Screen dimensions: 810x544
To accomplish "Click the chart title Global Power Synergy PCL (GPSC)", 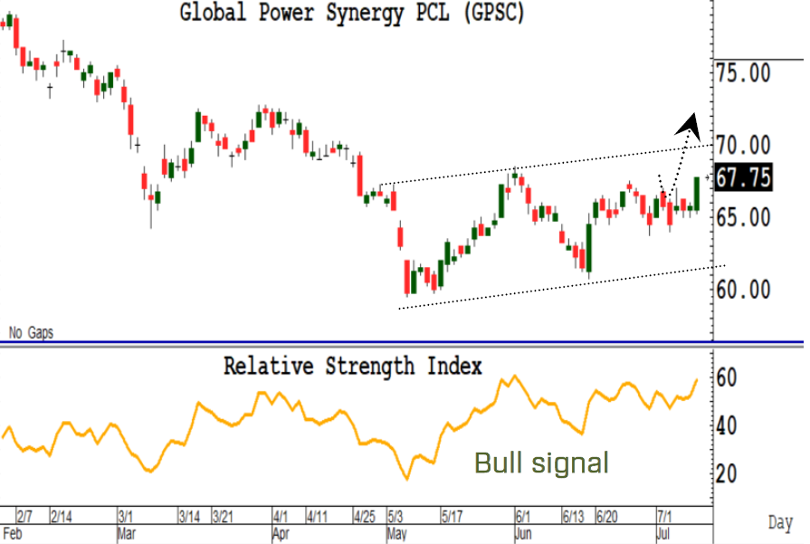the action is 352,13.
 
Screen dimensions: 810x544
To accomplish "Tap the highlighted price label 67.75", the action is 743,177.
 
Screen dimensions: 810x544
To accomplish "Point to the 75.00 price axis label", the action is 743,72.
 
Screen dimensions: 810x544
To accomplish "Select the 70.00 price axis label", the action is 743,145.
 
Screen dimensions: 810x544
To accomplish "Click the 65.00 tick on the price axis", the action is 743,217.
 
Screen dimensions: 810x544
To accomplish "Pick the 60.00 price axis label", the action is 743,290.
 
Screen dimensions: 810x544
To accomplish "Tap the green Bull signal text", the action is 541,463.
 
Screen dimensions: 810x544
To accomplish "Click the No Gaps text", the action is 31,333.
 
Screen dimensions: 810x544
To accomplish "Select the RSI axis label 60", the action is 727,378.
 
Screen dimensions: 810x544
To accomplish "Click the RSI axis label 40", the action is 727,426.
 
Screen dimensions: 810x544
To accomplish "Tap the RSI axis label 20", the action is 727,474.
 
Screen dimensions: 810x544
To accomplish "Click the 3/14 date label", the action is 189,517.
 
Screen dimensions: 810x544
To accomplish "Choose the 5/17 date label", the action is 452,517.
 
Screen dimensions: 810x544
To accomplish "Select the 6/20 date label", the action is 606,517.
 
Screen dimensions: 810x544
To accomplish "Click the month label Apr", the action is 281,534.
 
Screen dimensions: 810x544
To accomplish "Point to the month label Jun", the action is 523,534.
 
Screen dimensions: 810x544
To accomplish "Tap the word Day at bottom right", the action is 780,523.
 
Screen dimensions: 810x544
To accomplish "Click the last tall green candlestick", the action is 697,194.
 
